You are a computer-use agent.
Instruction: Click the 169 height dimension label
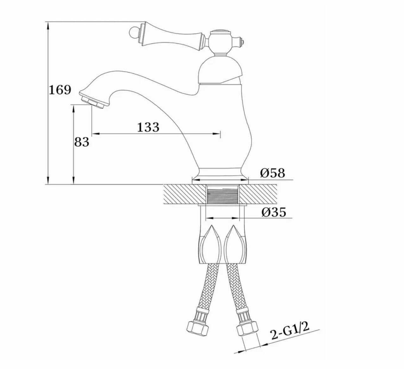point(60,90)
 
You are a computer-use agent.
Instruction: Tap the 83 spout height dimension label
point(82,142)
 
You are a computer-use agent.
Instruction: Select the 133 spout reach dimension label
point(148,127)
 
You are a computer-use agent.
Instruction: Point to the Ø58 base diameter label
point(273,173)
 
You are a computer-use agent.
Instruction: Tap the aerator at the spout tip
point(93,103)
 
